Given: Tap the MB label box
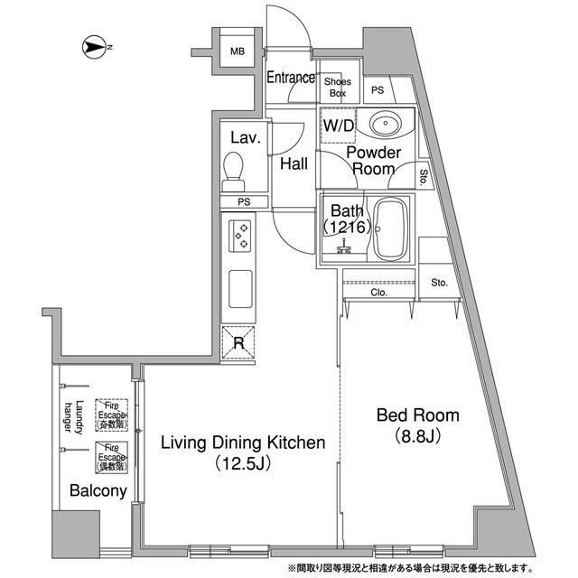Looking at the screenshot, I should (237, 51).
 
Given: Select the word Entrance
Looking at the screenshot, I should (290, 79).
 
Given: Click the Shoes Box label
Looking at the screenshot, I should (337, 87).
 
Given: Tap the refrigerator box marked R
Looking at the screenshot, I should (238, 341).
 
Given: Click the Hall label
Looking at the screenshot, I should (294, 164).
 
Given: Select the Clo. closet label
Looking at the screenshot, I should (378, 293).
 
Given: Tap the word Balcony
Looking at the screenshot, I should (96, 491).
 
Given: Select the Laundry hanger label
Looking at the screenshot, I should (73, 416).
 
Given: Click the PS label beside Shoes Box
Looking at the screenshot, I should (378, 89).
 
